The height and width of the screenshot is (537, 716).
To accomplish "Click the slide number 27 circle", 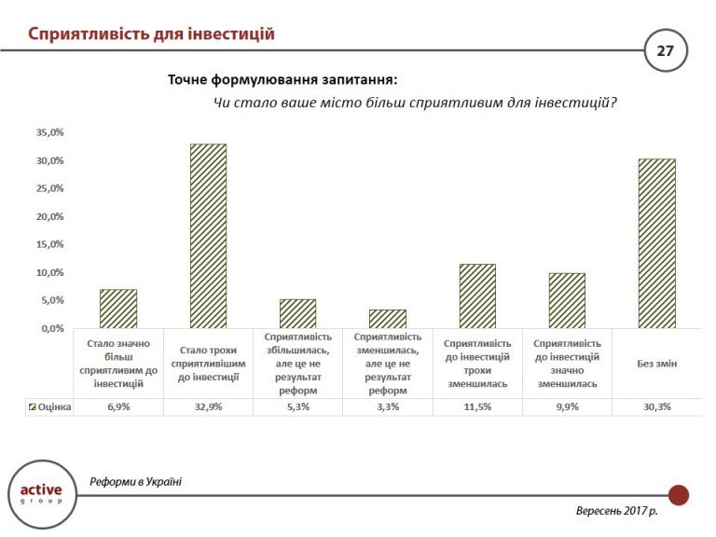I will coord(665,50).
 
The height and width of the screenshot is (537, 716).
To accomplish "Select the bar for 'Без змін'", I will coord(656,243).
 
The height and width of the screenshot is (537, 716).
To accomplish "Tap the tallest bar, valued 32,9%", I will coord(208,236).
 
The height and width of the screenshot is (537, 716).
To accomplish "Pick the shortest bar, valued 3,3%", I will coord(387,319).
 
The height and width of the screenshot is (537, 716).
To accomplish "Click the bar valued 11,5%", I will coord(477,296).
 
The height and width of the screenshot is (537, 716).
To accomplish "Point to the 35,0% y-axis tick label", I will coord(49,132).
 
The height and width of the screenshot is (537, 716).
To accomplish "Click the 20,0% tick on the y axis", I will coord(49,216).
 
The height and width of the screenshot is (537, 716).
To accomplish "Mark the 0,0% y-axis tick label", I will coord(51,328).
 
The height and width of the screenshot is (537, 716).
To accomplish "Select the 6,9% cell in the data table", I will coord(118,407).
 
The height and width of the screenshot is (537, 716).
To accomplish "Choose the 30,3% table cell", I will coord(656,407).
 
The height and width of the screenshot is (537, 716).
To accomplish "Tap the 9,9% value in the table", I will coord(567,407).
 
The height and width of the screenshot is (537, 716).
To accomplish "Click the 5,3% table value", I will coord(297,407).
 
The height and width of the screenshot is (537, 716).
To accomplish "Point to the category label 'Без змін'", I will coord(656,364).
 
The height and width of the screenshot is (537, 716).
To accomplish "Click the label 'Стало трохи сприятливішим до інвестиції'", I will coord(208,364).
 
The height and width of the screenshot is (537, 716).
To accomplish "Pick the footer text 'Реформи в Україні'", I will coord(136,481).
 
